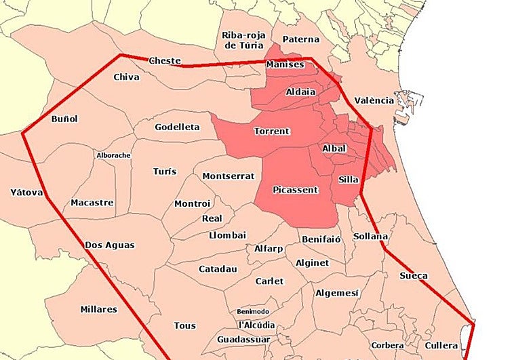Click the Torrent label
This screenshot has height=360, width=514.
271,131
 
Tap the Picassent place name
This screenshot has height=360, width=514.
294,190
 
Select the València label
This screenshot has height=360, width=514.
374,100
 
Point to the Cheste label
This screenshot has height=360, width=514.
164,60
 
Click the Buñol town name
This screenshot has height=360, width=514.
64,119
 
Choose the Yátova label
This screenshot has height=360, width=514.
27,193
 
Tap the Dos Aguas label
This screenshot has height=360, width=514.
110,245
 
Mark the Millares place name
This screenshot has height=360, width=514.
99,309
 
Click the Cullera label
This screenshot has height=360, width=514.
441,345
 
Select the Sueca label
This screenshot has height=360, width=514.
414,275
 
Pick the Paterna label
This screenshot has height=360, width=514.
301,39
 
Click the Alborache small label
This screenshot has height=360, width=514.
113,155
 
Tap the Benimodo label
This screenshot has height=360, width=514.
254,311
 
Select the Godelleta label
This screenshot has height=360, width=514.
177,127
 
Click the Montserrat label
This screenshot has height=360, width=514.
229,176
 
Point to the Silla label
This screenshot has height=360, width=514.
348,180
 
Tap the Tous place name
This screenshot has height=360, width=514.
184,325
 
